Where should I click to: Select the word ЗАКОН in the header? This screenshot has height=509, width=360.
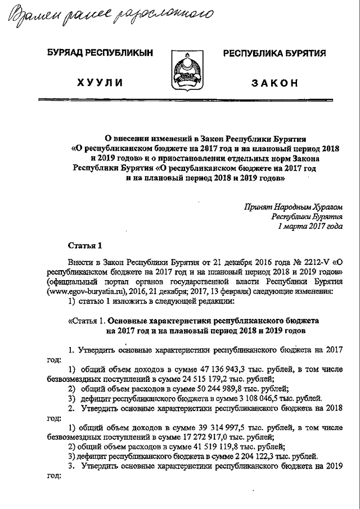point(274,83)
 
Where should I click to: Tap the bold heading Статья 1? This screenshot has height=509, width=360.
point(85,245)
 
